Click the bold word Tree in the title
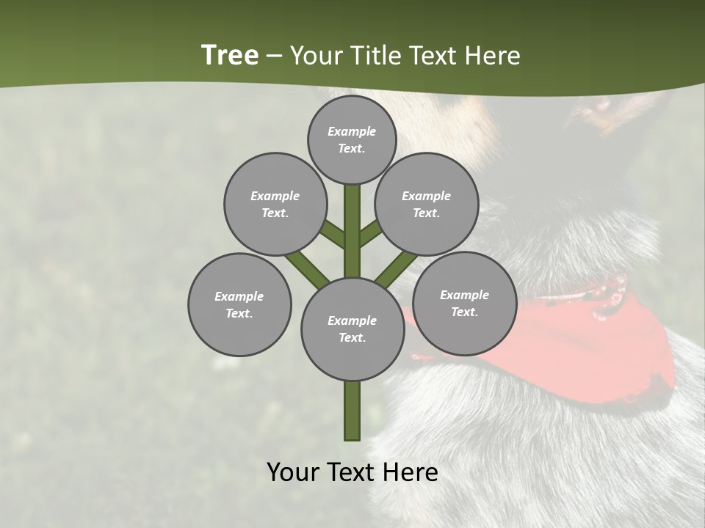click(230, 56)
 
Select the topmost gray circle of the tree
click(352, 139)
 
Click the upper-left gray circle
click(275, 204)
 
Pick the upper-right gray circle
click(427, 204)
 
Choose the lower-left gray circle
click(239, 304)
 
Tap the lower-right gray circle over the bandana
click(464, 303)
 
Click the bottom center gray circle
click(352, 329)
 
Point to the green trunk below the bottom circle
click(352, 411)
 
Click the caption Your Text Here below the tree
click(352, 472)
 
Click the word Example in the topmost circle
click(352, 131)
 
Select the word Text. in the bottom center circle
click(352, 337)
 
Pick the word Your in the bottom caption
click(294, 472)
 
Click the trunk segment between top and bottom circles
click(352, 231)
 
